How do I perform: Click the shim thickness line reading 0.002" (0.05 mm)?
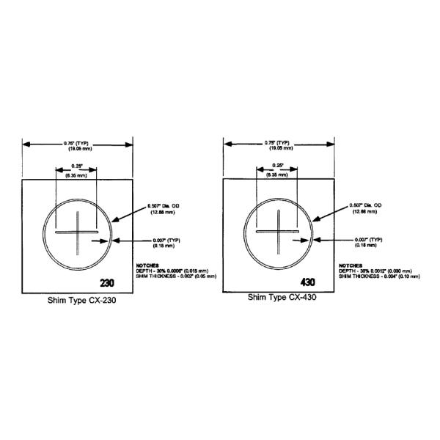coord(176,276)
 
